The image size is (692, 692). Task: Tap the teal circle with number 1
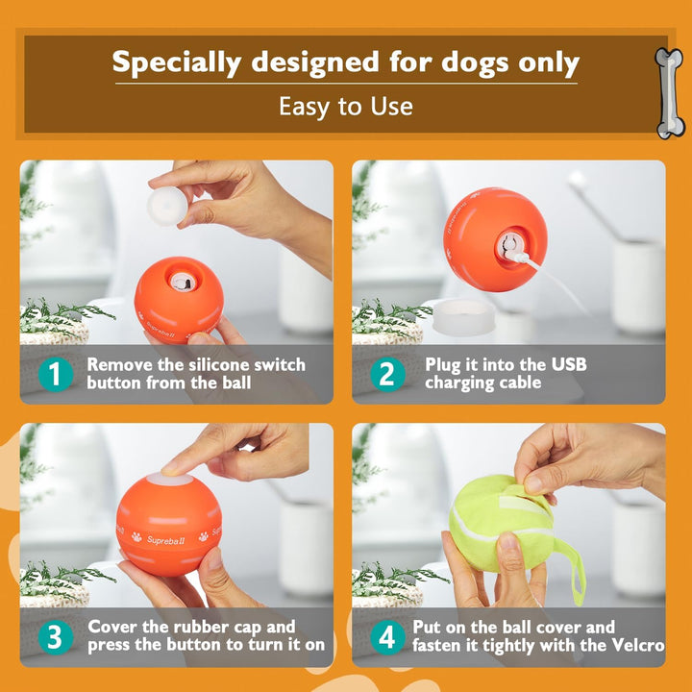point(55,374)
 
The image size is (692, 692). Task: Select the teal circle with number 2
point(386,374)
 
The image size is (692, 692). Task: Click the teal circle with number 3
point(55,636)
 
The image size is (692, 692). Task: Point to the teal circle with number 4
point(386,636)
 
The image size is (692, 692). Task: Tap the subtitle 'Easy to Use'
point(346,106)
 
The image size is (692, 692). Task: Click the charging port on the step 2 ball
point(511,246)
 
